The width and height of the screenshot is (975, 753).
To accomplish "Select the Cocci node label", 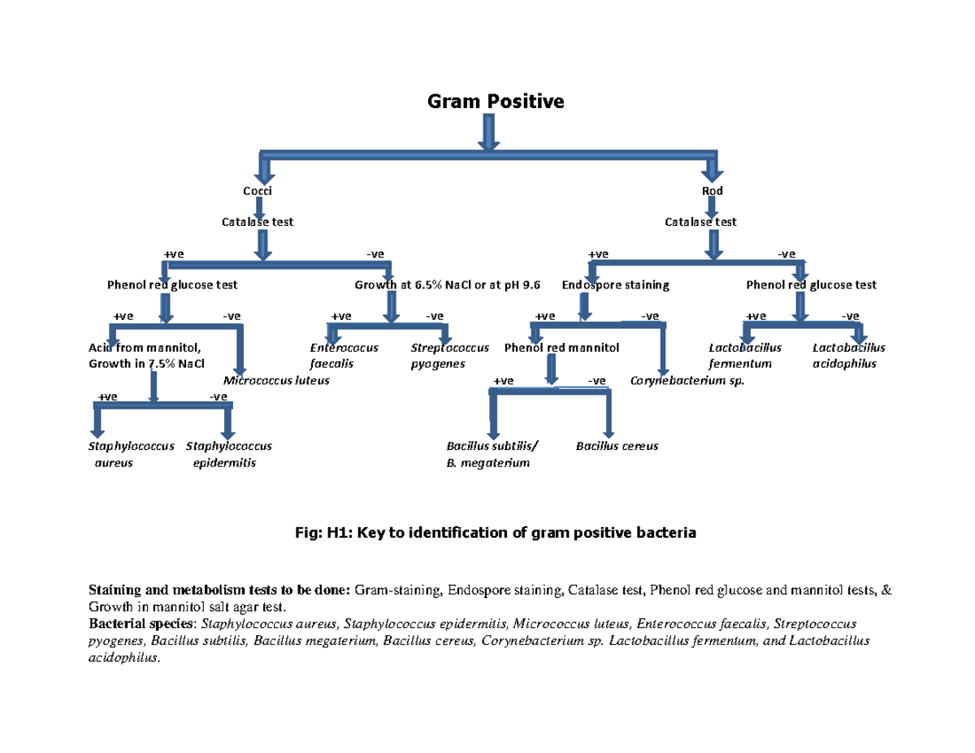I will [258, 191].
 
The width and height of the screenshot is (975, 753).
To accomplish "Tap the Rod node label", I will [712, 191].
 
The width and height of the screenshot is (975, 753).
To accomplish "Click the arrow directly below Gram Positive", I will [489, 132].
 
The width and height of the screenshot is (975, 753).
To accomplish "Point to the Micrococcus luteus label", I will [276, 380].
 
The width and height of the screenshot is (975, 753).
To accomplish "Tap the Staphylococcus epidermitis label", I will [228, 454].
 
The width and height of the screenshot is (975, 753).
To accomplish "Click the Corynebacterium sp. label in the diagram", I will [687, 380].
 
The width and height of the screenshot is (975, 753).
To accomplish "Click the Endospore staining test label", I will [615, 285].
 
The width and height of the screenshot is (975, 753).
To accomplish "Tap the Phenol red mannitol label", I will [561, 348].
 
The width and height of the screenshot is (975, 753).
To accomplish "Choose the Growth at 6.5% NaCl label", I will [447, 285].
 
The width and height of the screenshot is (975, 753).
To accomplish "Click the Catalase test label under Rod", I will [700, 221].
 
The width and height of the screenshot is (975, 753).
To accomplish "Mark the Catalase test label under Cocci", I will [258, 221].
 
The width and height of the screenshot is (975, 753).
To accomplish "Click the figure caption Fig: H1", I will [495, 533].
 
